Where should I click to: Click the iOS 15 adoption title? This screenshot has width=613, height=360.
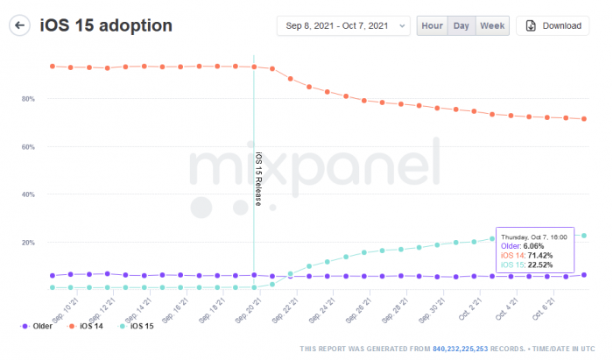click(x=106, y=25)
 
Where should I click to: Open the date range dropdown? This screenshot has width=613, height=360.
click(x=343, y=25)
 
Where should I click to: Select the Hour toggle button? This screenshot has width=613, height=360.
click(x=432, y=25)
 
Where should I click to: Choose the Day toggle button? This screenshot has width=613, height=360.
click(x=461, y=25)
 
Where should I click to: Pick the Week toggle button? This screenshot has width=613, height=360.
click(x=492, y=25)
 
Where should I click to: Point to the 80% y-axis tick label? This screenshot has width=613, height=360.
click(x=28, y=99)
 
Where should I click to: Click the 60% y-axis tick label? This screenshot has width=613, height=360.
click(x=28, y=146)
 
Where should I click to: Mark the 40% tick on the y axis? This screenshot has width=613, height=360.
click(x=28, y=194)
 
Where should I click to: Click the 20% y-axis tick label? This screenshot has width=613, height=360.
click(x=28, y=242)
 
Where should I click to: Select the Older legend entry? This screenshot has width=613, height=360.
click(x=37, y=327)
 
